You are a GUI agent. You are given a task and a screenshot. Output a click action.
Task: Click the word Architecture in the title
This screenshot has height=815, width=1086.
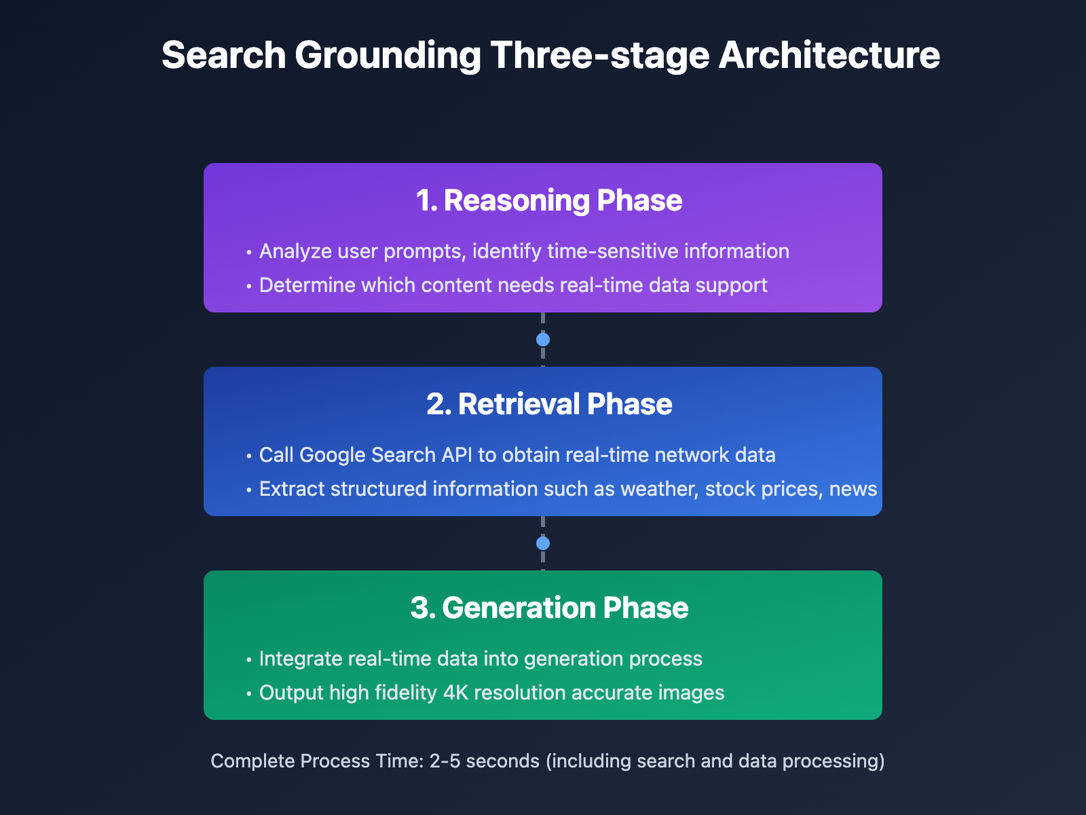[829, 56]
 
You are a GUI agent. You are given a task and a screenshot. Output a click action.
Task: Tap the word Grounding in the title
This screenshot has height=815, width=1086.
[388, 56]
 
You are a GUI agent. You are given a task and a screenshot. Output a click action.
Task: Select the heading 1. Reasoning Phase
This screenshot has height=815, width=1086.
[549, 200]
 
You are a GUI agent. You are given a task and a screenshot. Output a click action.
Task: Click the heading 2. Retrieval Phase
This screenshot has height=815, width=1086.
[549, 404]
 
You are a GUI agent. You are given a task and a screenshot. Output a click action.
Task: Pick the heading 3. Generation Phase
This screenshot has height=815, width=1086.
[549, 608]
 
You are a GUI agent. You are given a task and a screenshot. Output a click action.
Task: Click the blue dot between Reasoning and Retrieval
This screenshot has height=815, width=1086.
[543, 340]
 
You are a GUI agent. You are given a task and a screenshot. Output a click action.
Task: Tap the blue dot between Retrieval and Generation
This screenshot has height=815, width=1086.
[543, 543]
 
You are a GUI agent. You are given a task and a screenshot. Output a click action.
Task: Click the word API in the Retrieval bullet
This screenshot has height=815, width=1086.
[457, 455]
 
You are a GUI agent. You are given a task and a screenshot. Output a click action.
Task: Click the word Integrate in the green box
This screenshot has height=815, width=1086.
[300, 659]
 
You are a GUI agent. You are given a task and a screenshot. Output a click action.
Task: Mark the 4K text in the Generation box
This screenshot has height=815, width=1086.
[455, 693]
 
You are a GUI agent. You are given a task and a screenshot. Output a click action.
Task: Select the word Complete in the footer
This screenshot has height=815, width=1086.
[252, 761]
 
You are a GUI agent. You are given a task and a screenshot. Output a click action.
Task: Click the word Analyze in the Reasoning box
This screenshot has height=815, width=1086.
[295, 251]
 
